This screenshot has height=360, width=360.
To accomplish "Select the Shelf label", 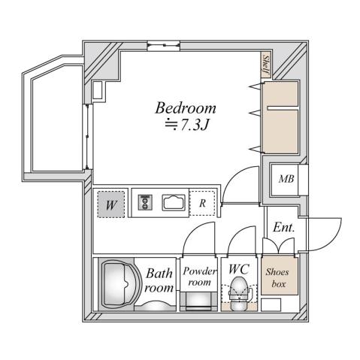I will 265,67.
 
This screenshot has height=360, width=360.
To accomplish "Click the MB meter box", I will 286,179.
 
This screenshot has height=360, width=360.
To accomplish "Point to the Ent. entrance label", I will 283,227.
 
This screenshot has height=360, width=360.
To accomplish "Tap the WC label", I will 238,268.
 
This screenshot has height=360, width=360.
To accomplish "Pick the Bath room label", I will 159,280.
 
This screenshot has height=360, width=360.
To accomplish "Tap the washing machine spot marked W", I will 110,203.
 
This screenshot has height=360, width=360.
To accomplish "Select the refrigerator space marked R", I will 203,203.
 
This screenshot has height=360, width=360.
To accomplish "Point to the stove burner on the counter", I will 145,202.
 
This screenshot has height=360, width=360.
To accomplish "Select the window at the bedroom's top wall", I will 159,48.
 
